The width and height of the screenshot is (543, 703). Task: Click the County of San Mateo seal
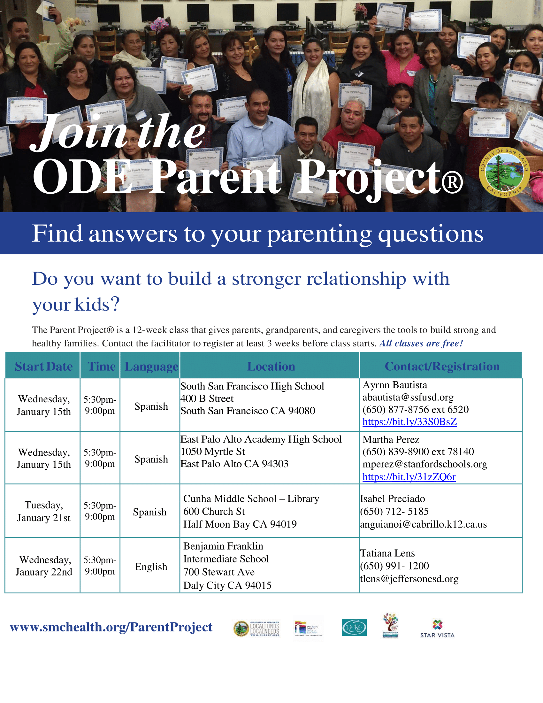coord(504,173)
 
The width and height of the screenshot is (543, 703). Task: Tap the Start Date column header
coord(43,366)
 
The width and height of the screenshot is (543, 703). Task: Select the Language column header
coord(151,366)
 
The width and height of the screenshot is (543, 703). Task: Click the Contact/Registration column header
coord(442,366)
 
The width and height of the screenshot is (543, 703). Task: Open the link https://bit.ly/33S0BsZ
coord(409,422)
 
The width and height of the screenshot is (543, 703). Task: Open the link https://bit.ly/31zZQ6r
coord(409,477)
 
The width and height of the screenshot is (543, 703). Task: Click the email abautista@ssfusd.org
coord(408,397)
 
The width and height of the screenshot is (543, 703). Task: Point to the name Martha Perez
coord(391,439)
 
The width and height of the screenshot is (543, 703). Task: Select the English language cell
coord(151,567)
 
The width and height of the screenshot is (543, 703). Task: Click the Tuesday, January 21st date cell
coord(43,512)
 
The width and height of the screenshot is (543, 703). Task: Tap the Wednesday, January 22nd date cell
coord(44,566)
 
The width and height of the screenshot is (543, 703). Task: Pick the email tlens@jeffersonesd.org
coord(409,579)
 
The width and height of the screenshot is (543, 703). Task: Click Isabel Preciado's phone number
coord(394,511)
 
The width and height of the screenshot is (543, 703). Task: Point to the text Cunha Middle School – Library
coord(251,498)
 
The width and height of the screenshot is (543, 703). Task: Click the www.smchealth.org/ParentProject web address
coord(111,627)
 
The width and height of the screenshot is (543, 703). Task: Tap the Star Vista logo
coord(437,629)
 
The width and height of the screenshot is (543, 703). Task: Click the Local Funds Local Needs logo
coord(256,629)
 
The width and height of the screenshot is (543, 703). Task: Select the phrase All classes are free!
coord(421,344)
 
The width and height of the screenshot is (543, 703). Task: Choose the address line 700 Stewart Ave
coord(219,572)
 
